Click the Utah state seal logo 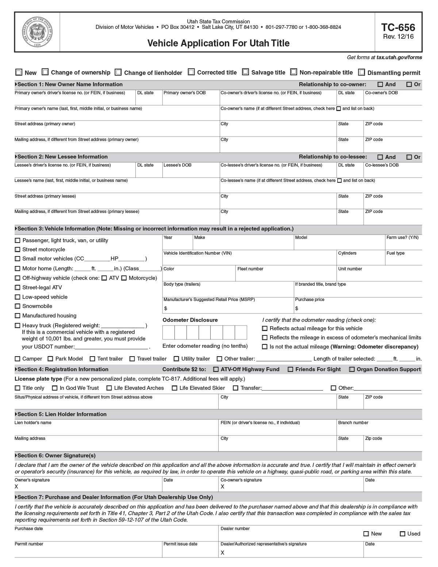[37, 32]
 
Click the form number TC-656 [398, 28]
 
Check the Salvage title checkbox [246, 72]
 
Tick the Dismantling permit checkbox [362, 72]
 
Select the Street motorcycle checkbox [18, 250]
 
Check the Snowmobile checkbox [18, 306]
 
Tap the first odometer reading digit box [169, 332]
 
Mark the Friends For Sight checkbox [291, 369]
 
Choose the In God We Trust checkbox [55, 388]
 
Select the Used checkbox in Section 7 [403, 534]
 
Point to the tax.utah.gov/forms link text [399, 57]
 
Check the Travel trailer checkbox [132, 359]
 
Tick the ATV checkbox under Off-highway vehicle [104, 278]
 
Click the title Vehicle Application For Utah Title [218, 43]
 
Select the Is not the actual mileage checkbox [265, 347]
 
